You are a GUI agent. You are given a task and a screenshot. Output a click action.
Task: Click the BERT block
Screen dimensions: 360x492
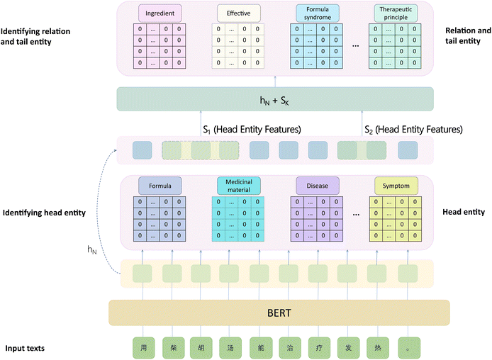point(279,312)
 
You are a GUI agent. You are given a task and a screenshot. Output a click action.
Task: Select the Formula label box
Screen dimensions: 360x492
point(160,186)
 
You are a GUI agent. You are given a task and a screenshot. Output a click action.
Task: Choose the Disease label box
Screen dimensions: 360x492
point(317,186)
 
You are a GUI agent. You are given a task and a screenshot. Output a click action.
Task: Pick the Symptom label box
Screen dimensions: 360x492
point(396,186)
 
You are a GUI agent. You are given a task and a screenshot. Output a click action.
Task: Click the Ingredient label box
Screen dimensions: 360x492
point(160,13)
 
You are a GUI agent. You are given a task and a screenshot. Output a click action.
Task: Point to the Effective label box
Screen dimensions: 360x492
point(239,13)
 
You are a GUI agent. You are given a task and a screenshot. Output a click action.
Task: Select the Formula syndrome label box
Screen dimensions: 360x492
point(317,13)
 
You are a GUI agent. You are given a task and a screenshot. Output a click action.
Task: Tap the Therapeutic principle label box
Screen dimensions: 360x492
point(396,13)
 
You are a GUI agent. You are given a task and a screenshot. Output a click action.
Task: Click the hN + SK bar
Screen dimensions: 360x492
point(274,99)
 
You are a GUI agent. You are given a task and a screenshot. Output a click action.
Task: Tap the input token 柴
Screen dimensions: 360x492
point(173,347)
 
